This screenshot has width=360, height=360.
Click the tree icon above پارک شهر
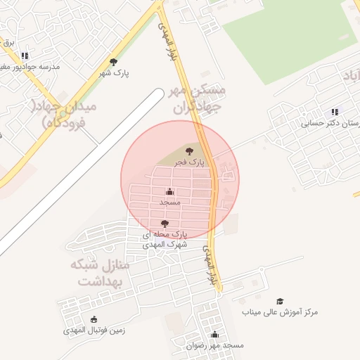(113, 62)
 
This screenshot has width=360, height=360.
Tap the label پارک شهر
(114, 72)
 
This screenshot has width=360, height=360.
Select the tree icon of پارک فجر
(188, 151)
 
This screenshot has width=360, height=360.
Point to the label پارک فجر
(190, 162)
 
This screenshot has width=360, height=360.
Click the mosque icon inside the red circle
(169, 191)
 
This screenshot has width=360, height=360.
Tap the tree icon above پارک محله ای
(165, 224)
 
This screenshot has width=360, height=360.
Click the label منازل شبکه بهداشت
(100, 274)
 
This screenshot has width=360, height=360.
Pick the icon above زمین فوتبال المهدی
(94, 319)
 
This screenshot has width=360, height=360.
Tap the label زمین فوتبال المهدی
(84, 330)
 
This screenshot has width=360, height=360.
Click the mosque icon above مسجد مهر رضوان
(214, 335)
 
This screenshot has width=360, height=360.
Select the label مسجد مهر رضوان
(214, 346)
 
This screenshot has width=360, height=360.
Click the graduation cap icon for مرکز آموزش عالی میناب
(280, 301)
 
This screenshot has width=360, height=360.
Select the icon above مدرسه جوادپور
(25, 56)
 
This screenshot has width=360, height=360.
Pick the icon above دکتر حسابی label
(335, 112)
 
